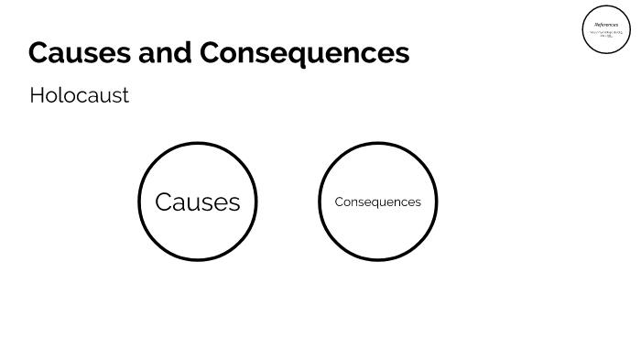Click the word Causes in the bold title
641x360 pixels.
pyautogui.click(x=80, y=53)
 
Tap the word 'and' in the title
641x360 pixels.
pyautogui.click(x=166, y=53)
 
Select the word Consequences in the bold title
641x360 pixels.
pyautogui.click(x=304, y=53)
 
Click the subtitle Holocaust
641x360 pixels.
pyautogui.click(x=79, y=95)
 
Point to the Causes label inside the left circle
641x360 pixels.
pyautogui.click(x=197, y=202)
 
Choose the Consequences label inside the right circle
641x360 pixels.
pyautogui.click(x=377, y=202)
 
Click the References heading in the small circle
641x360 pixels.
pyautogui.click(x=606, y=25)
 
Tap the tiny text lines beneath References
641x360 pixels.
pyautogui.click(x=606, y=34)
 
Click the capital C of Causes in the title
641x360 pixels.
pyautogui.click(x=39, y=53)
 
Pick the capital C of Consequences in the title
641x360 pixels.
pyautogui.click(x=212, y=53)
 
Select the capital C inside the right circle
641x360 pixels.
pyautogui.click(x=339, y=202)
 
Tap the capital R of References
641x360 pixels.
pyautogui.click(x=596, y=25)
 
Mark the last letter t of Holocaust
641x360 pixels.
pyautogui.click(x=125, y=95)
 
